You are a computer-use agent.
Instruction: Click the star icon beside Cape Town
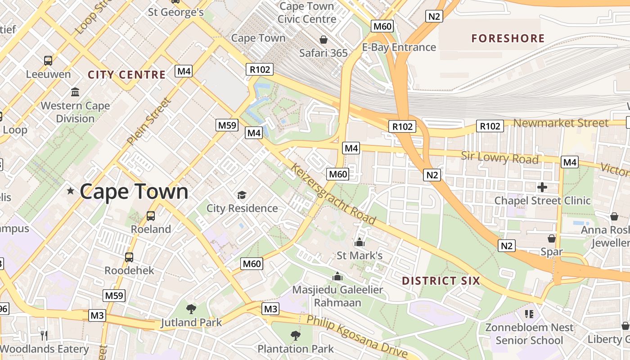pos(71,191)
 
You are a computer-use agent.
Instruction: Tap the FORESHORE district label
pos(508,38)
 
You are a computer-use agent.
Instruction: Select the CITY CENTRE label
pos(127,75)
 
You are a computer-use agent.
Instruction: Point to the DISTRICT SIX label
pos(441,281)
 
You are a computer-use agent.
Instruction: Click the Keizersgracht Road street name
pos(333,194)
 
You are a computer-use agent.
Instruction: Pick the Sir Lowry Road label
pos(499,158)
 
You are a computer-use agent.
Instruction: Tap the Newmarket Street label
pos(561,123)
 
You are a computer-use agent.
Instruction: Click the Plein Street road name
pos(149,121)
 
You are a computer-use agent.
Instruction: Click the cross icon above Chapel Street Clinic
pos(542,187)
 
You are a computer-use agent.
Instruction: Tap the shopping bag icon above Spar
pos(552,238)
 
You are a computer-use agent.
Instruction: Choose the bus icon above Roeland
pos(151,216)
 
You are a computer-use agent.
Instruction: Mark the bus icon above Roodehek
pos(129,257)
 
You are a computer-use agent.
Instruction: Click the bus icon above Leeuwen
pos(48,60)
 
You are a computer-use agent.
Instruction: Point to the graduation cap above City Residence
pos(242,195)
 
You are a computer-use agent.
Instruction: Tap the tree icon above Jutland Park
pos(191,309)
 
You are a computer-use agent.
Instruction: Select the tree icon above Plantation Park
pos(296,335)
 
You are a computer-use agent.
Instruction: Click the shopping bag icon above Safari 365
pos(323,40)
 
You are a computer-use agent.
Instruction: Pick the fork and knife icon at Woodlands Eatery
pos(44,335)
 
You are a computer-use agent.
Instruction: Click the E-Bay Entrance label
pos(399,47)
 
